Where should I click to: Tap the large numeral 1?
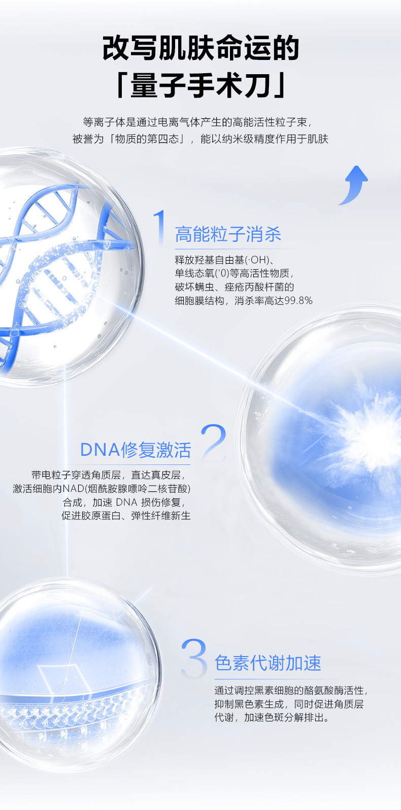pyautogui.click(x=160, y=228)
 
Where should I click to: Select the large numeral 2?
pyautogui.click(x=214, y=442)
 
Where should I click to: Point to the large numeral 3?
pyautogui.click(x=194, y=658)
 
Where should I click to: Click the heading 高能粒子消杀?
pyautogui.click(x=228, y=234)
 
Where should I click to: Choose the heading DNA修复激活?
pyautogui.click(x=136, y=450)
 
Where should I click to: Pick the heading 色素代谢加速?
pyautogui.click(x=268, y=663)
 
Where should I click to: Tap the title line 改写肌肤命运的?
pyautogui.click(x=201, y=48)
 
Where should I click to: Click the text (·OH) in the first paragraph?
pyautogui.click(x=257, y=260)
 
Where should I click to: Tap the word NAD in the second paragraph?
pyautogui.click(x=73, y=488)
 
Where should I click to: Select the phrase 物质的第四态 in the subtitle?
pyautogui.click(x=147, y=139)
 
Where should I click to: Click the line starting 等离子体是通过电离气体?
pyautogui.click(x=197, y=122)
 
